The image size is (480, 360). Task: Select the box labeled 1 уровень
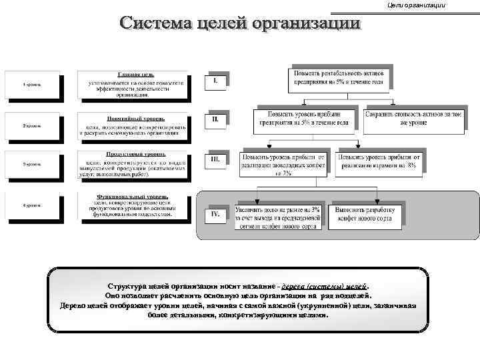(x=31, y=85)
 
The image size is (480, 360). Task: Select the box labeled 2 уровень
(x=31, y=125)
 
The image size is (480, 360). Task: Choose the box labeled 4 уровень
(x=31, y=205)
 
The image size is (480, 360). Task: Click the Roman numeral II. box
(x=215, y=120)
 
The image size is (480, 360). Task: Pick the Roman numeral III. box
(x=215, y=160)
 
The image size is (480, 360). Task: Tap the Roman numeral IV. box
(x=215, y=215)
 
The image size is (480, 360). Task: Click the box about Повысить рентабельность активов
(x=339, y=77)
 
